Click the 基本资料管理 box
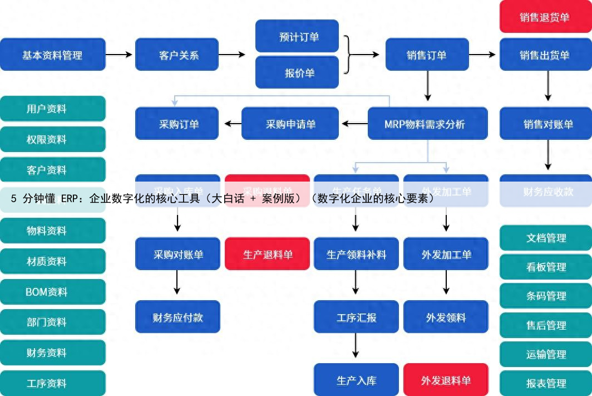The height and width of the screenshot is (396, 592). coord(52,55)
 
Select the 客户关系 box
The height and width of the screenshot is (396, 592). coord(177,55)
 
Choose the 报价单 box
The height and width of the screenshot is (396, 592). coord(297,72)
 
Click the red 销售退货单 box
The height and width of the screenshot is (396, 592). coord(545,17)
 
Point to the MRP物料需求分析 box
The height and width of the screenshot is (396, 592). coord(427,124)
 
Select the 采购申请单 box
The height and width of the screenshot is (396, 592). coord(290,124)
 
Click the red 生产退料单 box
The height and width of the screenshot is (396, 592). coord(267,255)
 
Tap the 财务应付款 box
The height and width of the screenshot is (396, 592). coord(177,317)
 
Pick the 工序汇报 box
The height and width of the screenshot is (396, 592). coord(356,317)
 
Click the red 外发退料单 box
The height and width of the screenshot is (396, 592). coord(446,380)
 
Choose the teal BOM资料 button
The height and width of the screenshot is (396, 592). coord(52,291)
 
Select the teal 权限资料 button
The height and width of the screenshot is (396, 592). coord(52,139)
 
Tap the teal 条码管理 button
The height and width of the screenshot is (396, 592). coord(545,296)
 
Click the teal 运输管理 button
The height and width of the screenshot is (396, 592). coord(545,354)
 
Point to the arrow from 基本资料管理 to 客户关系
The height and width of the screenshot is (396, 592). coord(120,55)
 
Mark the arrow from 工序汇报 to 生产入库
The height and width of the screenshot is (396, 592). coord(356,348)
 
